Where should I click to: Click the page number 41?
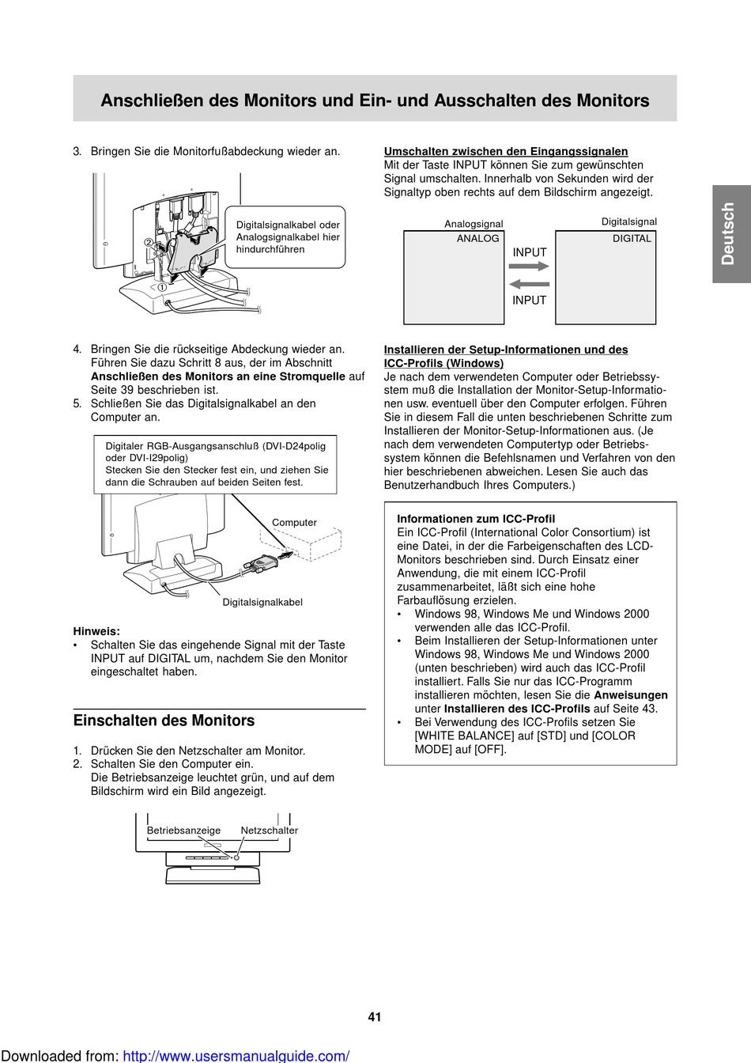[375, 1017]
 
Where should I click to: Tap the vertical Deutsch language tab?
[728, 233]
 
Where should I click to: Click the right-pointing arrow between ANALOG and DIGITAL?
[529, 267]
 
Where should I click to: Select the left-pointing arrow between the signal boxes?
[529, 284]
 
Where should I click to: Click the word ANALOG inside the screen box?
[478, 239]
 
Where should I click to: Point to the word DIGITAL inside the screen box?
[632, 239]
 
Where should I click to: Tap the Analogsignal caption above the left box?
[474, 224]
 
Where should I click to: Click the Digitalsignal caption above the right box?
[629, 222]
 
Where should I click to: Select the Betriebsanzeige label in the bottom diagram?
[183, 830]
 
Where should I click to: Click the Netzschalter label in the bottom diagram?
[270, 830]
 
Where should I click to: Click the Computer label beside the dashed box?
[294, 523]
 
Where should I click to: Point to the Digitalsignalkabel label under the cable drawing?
[262, 603]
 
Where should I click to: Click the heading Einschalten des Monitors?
[164, 721]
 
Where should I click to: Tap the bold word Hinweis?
[96, 631]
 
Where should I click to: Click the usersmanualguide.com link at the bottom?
[236, 1056]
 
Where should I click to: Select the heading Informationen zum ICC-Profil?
[476, 519]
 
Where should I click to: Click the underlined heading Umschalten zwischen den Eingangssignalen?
[506, 151]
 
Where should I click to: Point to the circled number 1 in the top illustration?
[162, 288]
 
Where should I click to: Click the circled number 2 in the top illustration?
[148, 243]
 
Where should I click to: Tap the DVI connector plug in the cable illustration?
[261, 563]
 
